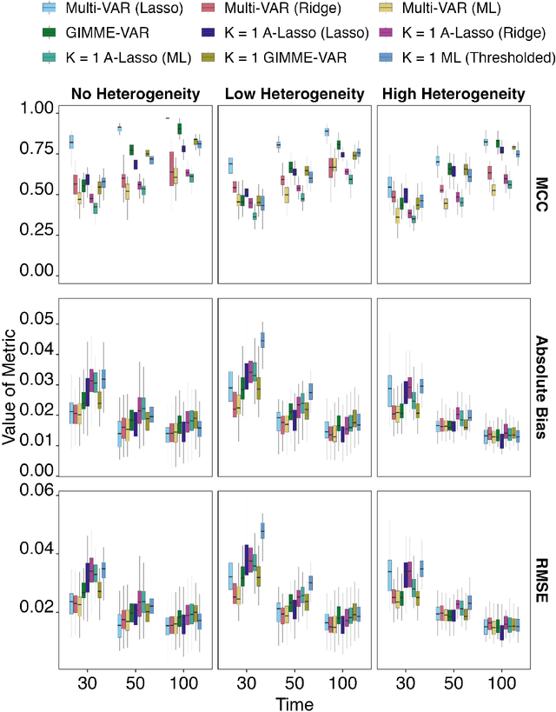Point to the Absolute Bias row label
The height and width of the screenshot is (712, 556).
point(540,376)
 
